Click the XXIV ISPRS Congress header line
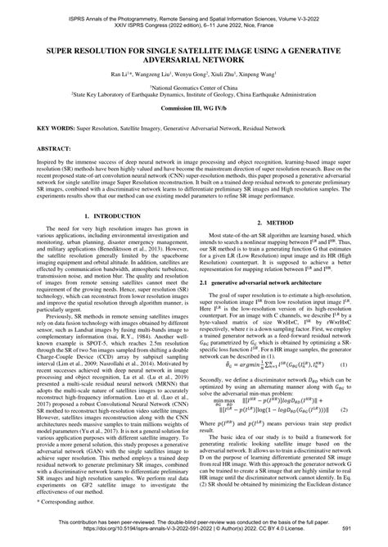click(x=193, y=16)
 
